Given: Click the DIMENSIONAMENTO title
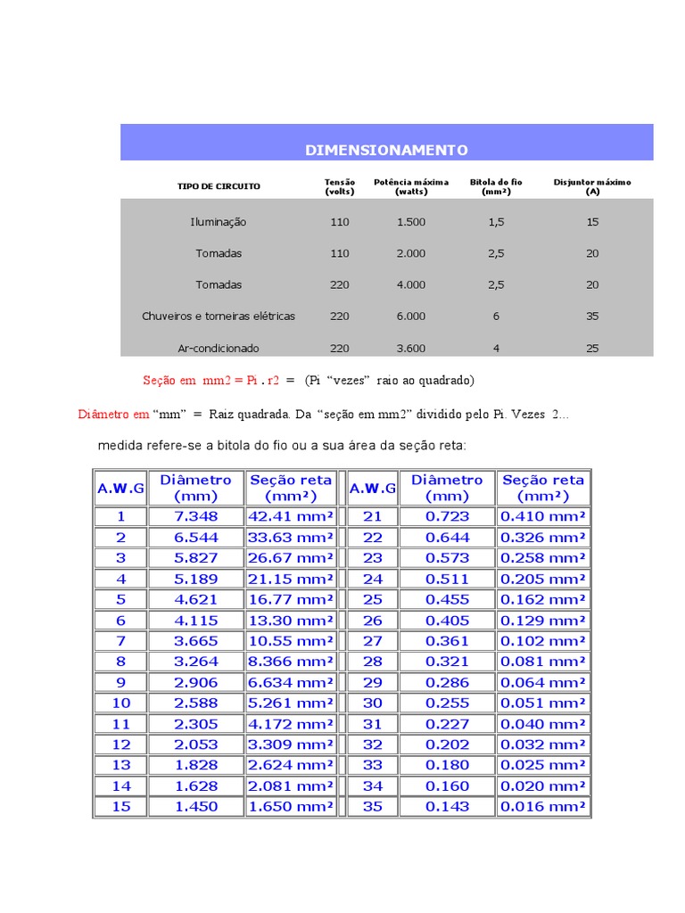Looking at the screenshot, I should click(386, 150).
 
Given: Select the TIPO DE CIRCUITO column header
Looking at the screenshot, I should click(219, 186).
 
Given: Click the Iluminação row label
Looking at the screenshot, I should click(219, 222).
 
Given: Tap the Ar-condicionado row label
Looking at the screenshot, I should click(219, 348).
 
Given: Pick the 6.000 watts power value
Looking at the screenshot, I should click(411, 316).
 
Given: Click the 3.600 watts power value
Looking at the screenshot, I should click(411, 348).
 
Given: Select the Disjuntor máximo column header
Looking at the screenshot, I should click(592, 186).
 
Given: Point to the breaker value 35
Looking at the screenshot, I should click(592, 316).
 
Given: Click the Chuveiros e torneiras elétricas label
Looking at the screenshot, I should click(219, 316).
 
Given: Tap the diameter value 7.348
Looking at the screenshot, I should click(195, 516).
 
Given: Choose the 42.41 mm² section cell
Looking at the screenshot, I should click(291, 516).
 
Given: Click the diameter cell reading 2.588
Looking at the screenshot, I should click(195, 703).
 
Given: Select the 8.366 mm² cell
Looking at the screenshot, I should click(291, 662).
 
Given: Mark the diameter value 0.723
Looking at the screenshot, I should click(447, 516).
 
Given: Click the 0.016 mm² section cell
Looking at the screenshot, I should click(543, 806).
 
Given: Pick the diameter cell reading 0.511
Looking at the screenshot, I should click(447, 579).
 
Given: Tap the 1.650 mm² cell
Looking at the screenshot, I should click(291, 806).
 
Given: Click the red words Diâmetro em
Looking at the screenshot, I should click(114, 414).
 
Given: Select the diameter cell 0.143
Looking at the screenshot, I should click(447, 806).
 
